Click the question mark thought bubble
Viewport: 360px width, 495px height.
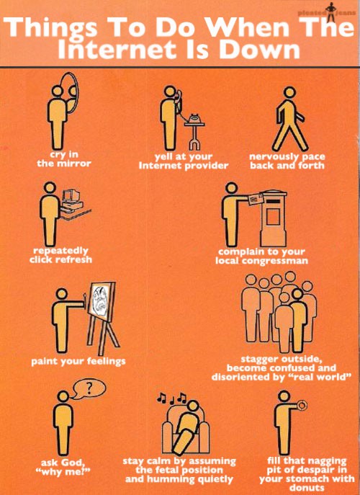[x=89, y=390]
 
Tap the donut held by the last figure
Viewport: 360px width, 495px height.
[x=302, y=406]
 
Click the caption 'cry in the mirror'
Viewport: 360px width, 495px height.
[x=63, y=159]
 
